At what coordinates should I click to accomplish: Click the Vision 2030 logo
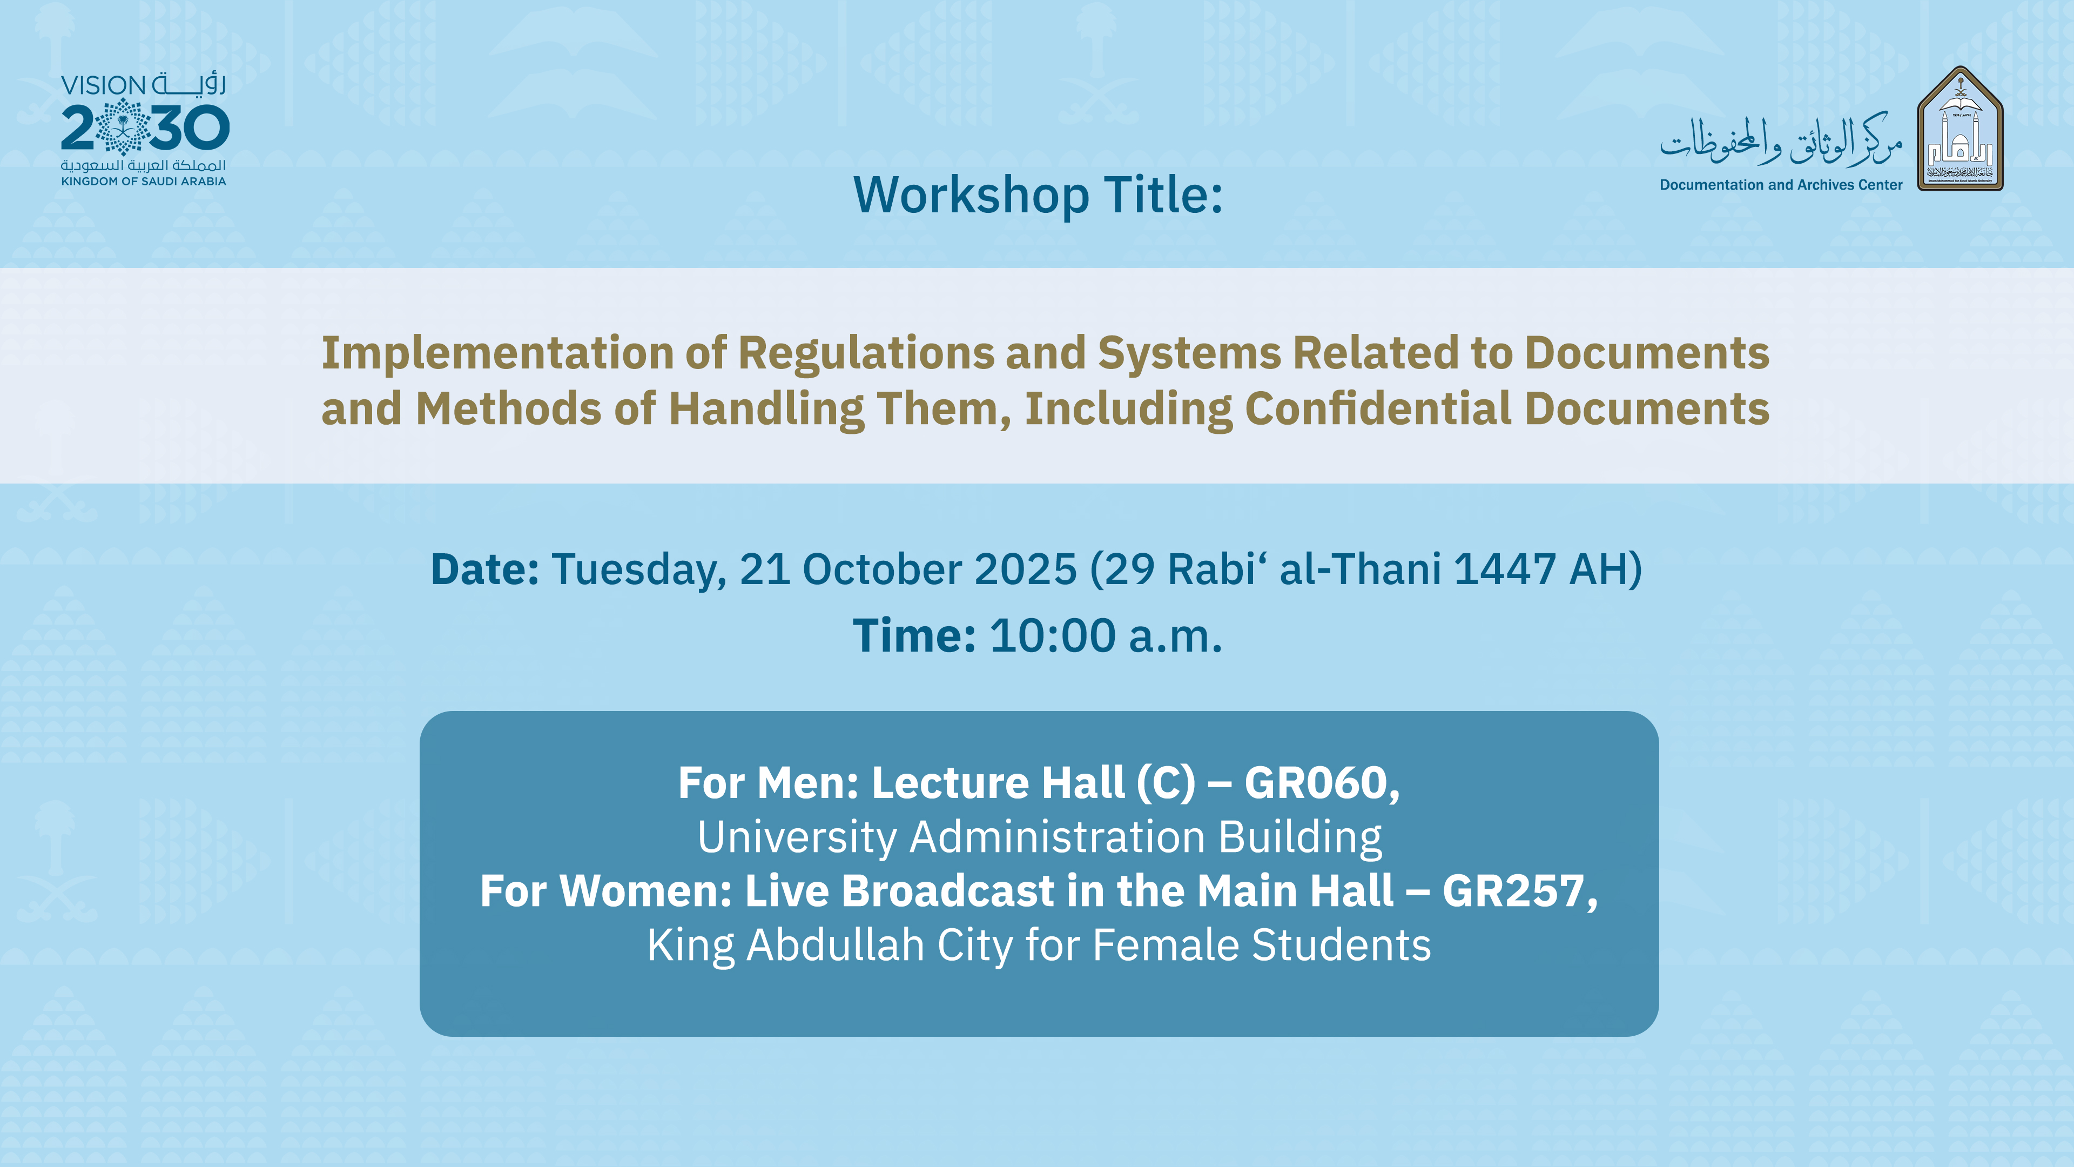coord(145,129)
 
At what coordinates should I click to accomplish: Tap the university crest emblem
coord(1961,129)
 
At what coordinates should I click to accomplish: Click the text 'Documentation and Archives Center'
coord(1781,184)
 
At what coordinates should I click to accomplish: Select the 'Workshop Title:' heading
coord(1038,196)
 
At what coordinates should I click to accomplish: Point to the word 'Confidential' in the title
coord(1378,408)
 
